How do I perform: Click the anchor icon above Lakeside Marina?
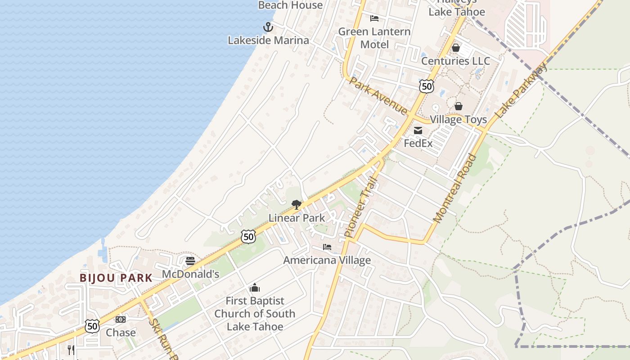[268, 27]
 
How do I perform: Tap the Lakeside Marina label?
[268, 40]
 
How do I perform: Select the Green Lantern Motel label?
[374, 38]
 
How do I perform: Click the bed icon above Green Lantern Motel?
[374, 18]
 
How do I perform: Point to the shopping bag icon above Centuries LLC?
[455, 48]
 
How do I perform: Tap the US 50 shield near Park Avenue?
[426, 86]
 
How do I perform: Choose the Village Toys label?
[458, 120]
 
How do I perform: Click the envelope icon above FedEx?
[418, 130]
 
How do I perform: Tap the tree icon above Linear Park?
[296, 205]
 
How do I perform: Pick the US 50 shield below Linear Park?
[248, 236]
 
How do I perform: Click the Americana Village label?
[327, 260]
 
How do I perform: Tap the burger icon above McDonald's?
[190, 261]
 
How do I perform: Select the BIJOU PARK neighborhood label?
[116, 278]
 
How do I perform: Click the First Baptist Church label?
[255, 314]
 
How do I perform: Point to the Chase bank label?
[121, 333]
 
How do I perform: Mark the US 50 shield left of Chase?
[92, 326]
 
